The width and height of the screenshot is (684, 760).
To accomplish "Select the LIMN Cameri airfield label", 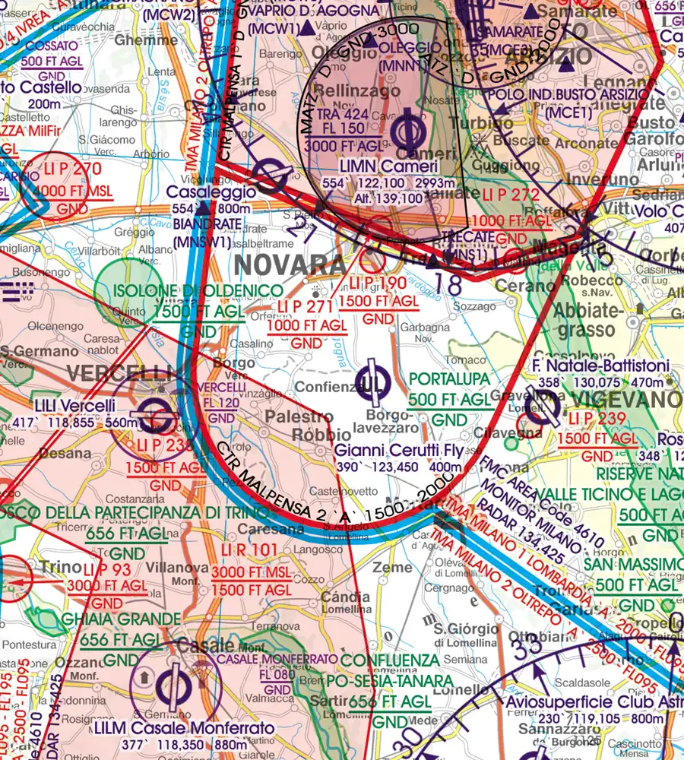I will point(389,166).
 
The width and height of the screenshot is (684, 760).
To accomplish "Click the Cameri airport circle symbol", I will point(411,131).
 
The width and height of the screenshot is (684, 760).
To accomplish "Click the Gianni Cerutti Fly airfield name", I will point(398,450).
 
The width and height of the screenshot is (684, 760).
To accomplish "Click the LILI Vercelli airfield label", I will point(74,406).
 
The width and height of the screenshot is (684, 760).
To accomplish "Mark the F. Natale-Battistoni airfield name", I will point(603,367).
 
